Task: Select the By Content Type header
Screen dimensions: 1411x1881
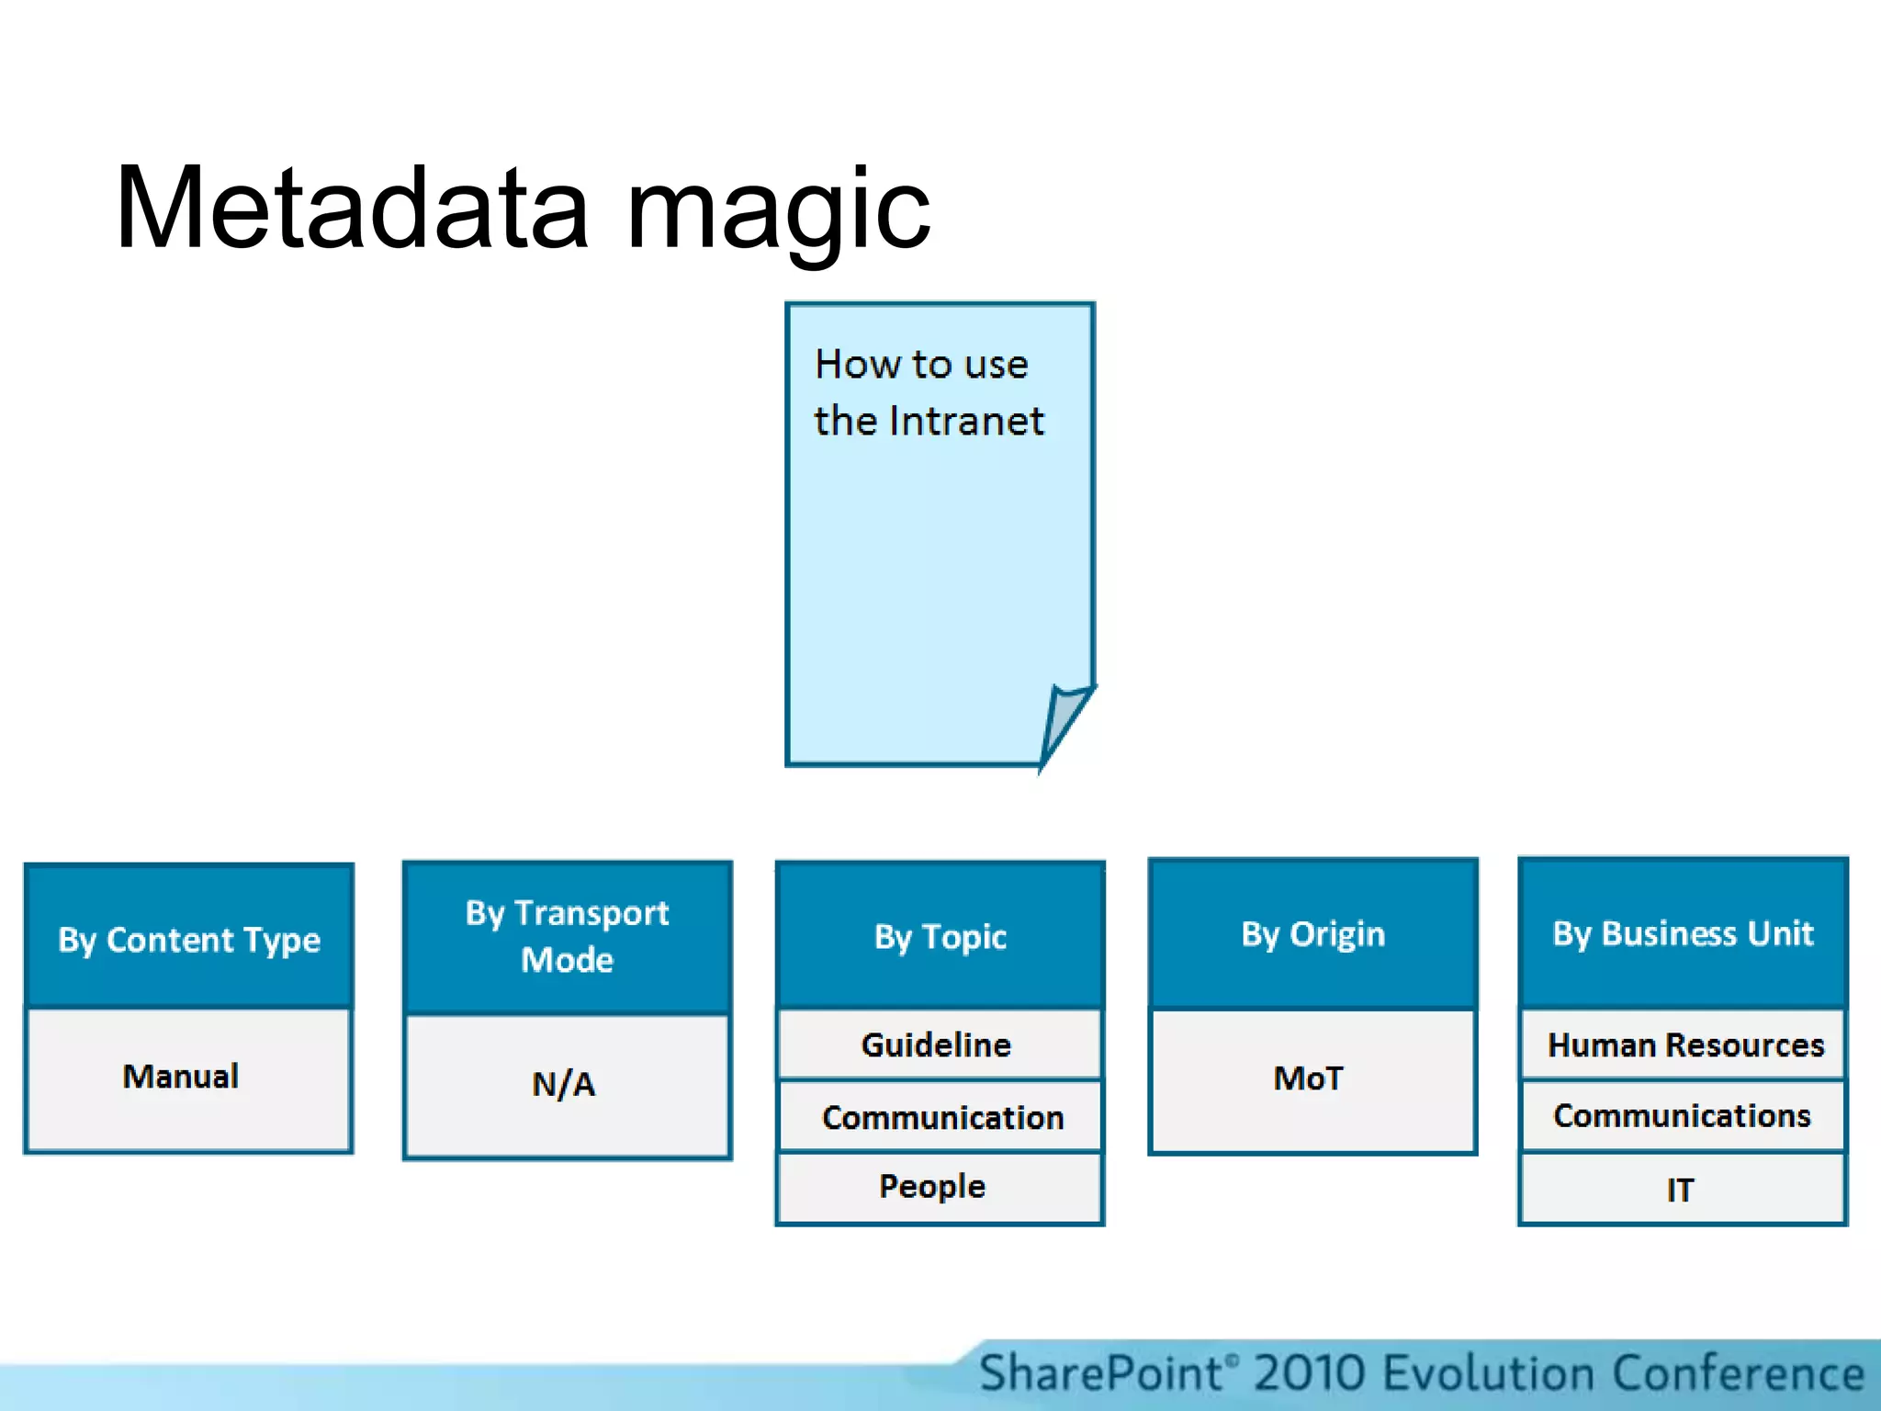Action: (189, 938)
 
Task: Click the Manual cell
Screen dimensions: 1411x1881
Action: (182, 1077)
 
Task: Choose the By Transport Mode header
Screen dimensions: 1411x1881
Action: (567, 936)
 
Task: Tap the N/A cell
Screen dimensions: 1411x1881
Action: (564, 1085)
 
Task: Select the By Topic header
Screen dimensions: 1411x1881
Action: (940, 936)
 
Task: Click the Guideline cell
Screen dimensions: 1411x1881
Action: (937, 1045)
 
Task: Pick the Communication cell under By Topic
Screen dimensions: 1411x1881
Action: (942, 1118)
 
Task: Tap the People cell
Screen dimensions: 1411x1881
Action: (932, 1187)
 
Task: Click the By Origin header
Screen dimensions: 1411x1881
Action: (1312, 934)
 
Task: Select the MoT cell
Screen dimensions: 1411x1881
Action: (1309, 1078)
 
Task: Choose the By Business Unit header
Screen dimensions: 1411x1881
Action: (1683, 933)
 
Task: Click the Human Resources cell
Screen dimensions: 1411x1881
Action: (1685, 1045)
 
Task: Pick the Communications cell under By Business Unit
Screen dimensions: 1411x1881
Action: (1682, 1116)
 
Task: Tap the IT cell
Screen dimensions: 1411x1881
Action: (1680, 1191)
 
